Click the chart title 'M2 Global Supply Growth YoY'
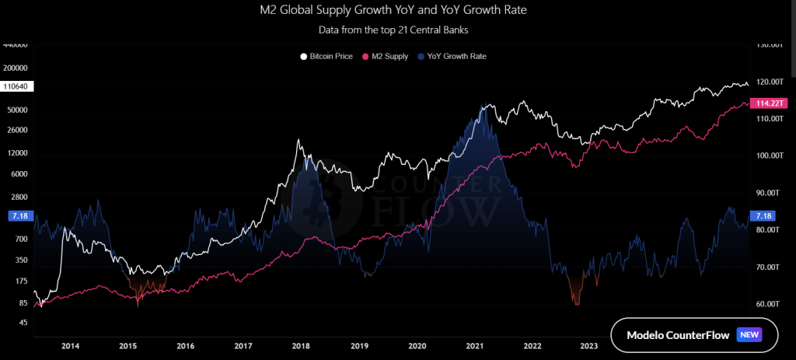click(x=398, y=12)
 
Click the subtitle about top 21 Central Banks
click(x=398, y=30)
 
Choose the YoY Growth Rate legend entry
click(x=452, y=57)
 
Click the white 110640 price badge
click(x=16, y=86)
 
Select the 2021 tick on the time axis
click(x=474, y=346)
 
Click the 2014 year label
click(x=70, y=346)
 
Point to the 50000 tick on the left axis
click(x=17, y=110)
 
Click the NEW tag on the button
click(x=749, y=335)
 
